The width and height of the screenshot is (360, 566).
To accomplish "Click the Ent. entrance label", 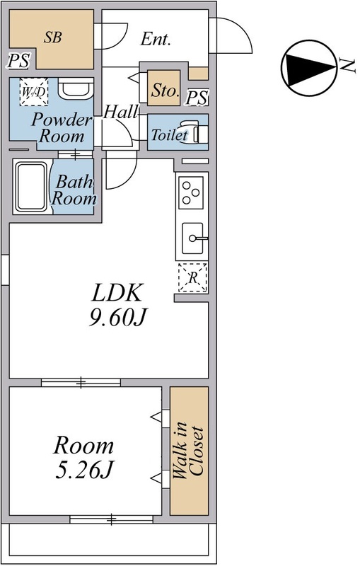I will (x=156, y=40).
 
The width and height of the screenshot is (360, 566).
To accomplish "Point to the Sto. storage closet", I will (x=163, y=90).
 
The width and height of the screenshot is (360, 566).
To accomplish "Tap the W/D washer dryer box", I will (x=33, y=92).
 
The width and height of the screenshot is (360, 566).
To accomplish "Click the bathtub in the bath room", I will (x=31, y=187).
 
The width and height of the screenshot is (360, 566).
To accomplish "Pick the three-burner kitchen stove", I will (x=192, y=192).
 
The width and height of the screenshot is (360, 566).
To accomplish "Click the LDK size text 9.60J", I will (x=117, y=318).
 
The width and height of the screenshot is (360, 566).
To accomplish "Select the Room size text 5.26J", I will (x=84, y=468).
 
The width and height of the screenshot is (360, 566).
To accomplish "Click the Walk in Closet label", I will (x=188, y=451).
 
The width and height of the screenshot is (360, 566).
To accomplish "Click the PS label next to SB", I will (x=18, y=61).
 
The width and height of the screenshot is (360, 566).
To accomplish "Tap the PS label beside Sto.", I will (x=197, y=98).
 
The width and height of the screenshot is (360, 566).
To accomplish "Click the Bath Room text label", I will (x=75, y=190).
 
